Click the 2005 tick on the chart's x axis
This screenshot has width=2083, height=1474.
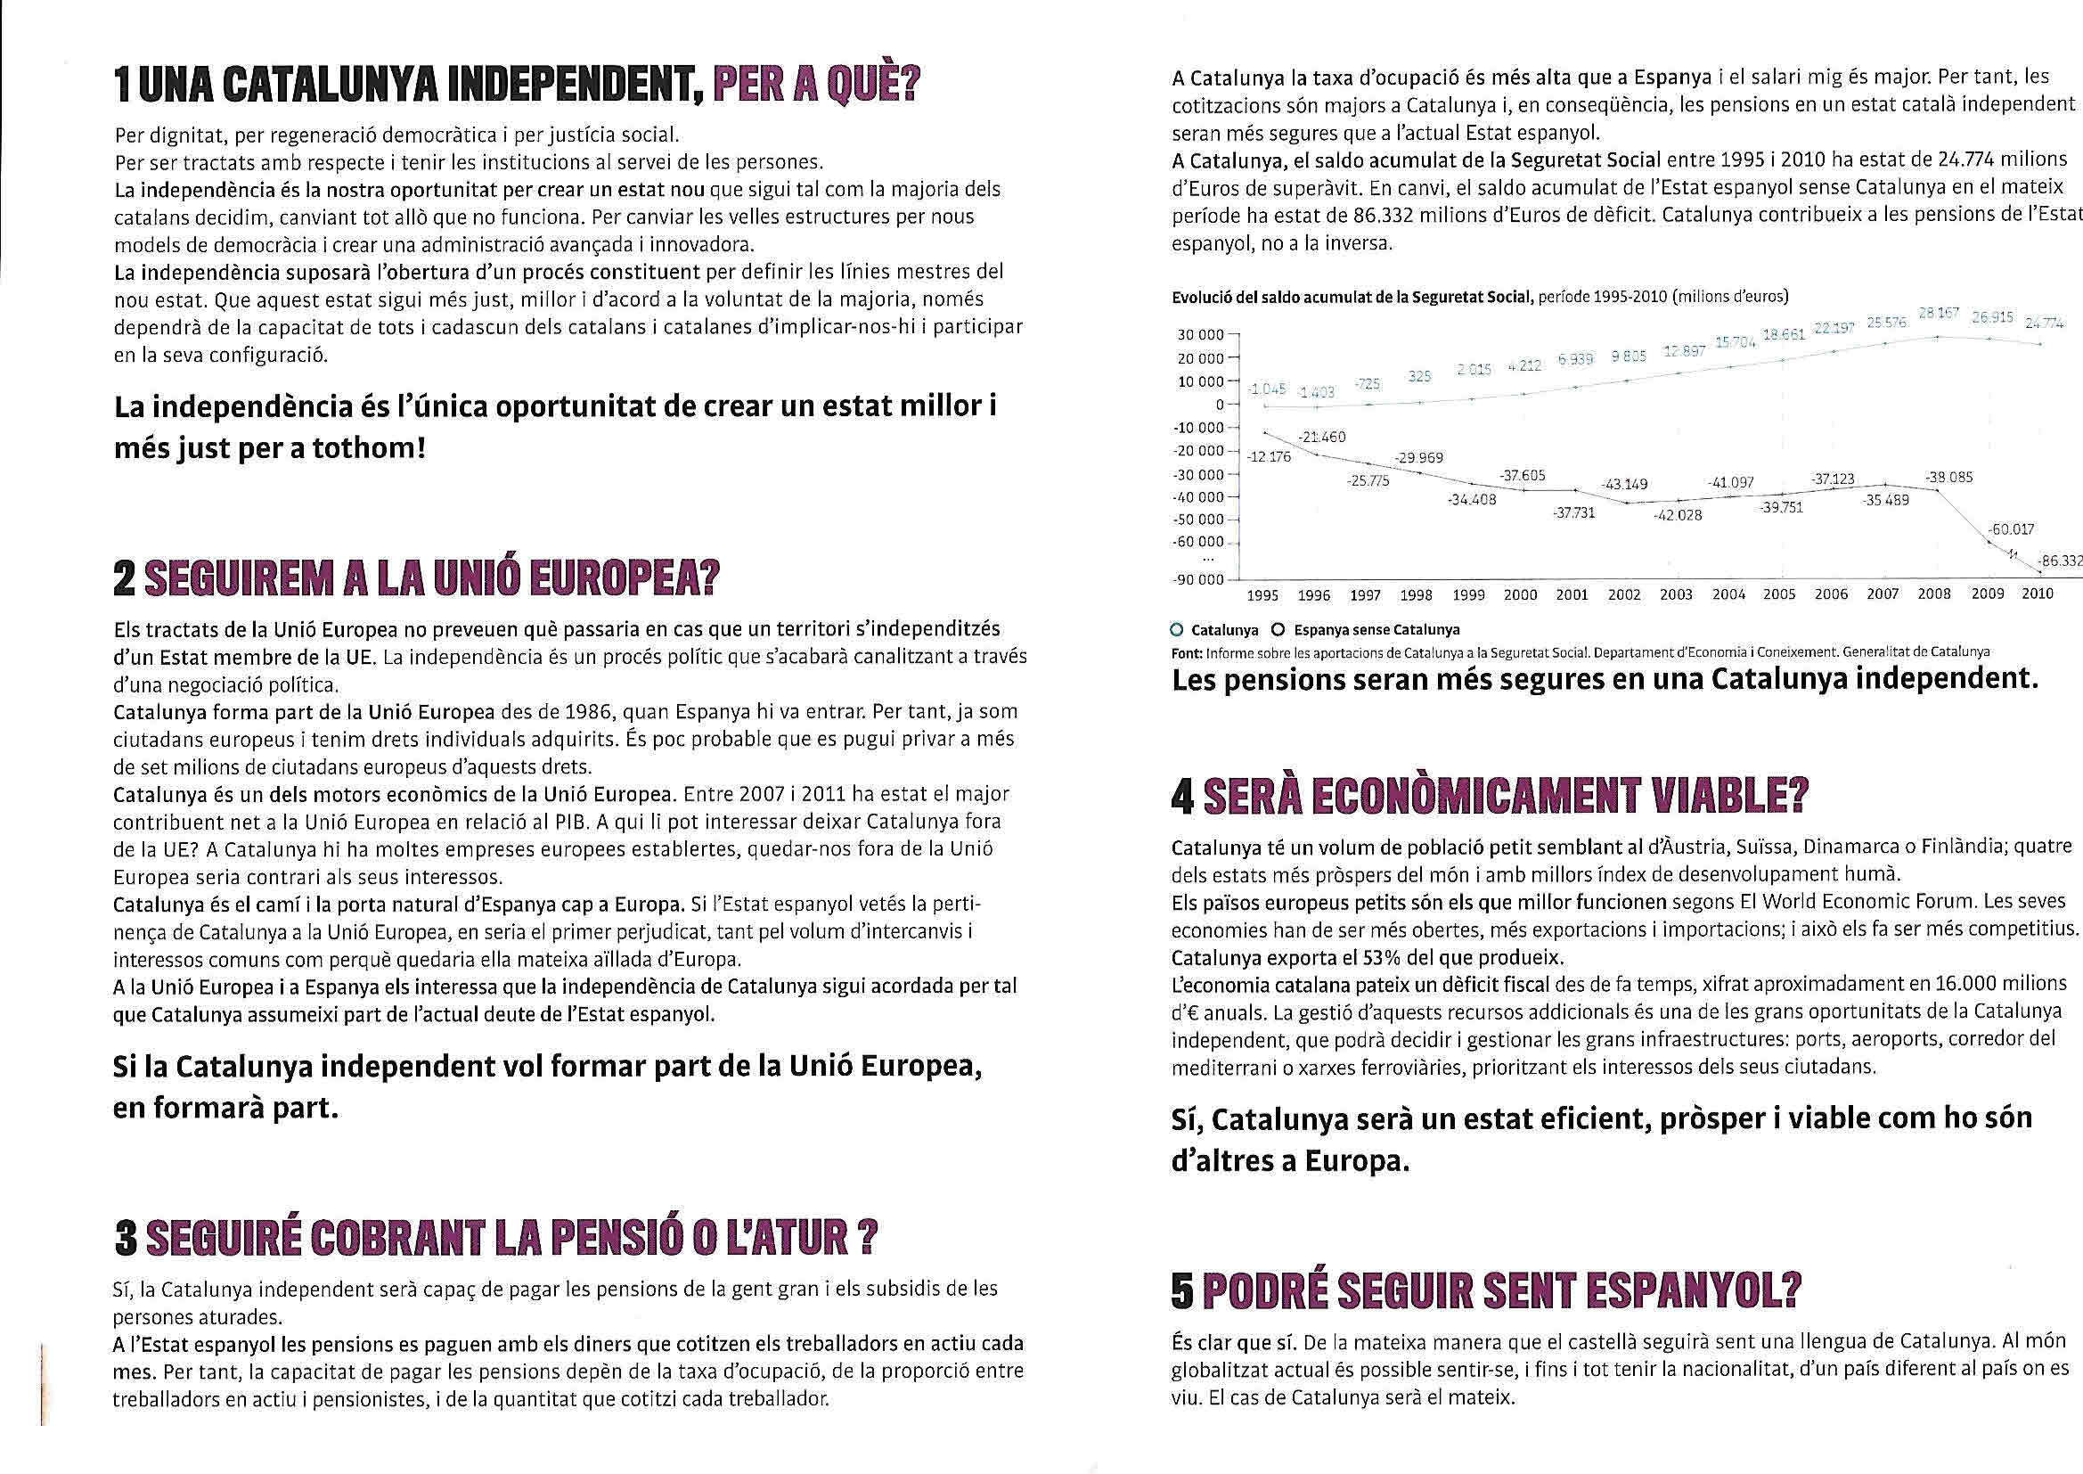click(x=1779, y=595)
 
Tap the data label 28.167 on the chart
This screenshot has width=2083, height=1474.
click(x=1940, y=313)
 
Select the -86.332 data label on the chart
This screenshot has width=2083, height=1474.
click(x=2061, y=561)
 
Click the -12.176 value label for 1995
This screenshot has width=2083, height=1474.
click(x=1269, y=456)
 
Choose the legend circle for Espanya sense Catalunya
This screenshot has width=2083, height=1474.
click(x=1278, y=629)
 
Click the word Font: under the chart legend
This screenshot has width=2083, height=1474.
click(x=1187, y=652)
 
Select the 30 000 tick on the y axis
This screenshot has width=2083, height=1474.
click(x=1199, y=335)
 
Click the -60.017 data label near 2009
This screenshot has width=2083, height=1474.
click(x=2011, y=529)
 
